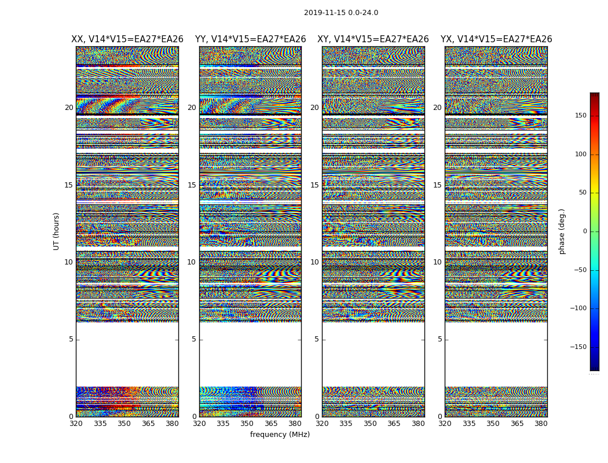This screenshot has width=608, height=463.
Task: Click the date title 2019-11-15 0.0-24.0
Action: (x=340, y=13)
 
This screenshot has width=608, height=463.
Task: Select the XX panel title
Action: (x=127, y=39)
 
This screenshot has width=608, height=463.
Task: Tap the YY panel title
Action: (x=250, y=39)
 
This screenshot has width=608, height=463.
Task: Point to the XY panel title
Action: (x=373, y=39)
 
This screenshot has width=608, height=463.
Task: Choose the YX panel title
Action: (x=496, y=39)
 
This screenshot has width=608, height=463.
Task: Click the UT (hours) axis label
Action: (x=57, y=231)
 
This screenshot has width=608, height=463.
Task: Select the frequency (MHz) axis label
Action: (x=280, y=435)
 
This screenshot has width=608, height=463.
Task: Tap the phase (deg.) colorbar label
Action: (x=562, y=231)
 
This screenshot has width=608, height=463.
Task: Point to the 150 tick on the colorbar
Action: (x=580, y=116)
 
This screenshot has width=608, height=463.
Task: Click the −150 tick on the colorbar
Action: (x=578, y=347)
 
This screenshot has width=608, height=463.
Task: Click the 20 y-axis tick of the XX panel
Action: (x=69, y=108)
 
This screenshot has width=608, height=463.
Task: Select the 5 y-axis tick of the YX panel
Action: (x=439, y=339)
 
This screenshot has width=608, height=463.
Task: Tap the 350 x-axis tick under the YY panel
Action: (x=247, y=424)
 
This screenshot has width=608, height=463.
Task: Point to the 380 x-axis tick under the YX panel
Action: (x=541, y=424)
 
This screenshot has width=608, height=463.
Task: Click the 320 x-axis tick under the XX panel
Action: (x=76, y=424)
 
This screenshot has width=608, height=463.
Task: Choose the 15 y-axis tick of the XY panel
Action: (x=314, y=185)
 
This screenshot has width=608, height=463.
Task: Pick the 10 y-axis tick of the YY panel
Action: (x=192, y=262)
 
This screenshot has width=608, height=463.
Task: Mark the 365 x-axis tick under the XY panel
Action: (x=394, y=424)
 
